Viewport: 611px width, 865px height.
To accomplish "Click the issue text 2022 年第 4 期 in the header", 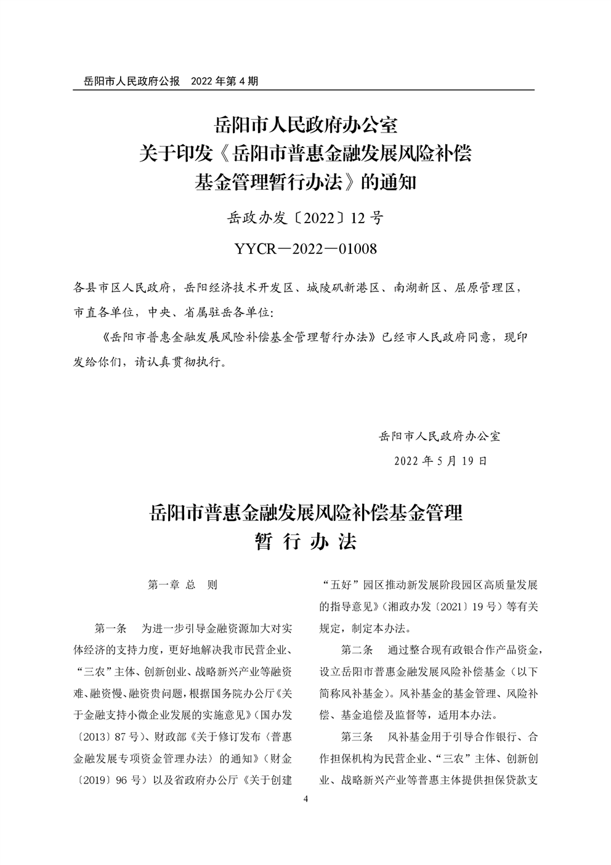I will coord(224,81).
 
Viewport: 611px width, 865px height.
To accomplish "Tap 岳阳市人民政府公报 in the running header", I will coord(127,81).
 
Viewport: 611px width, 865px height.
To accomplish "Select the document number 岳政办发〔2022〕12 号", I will coord(305,218).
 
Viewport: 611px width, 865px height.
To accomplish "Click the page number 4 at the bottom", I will coord(305,800).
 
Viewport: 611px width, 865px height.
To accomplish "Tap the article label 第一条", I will coord(110,629).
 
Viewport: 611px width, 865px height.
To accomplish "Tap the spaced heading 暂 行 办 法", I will coord(305,542).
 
